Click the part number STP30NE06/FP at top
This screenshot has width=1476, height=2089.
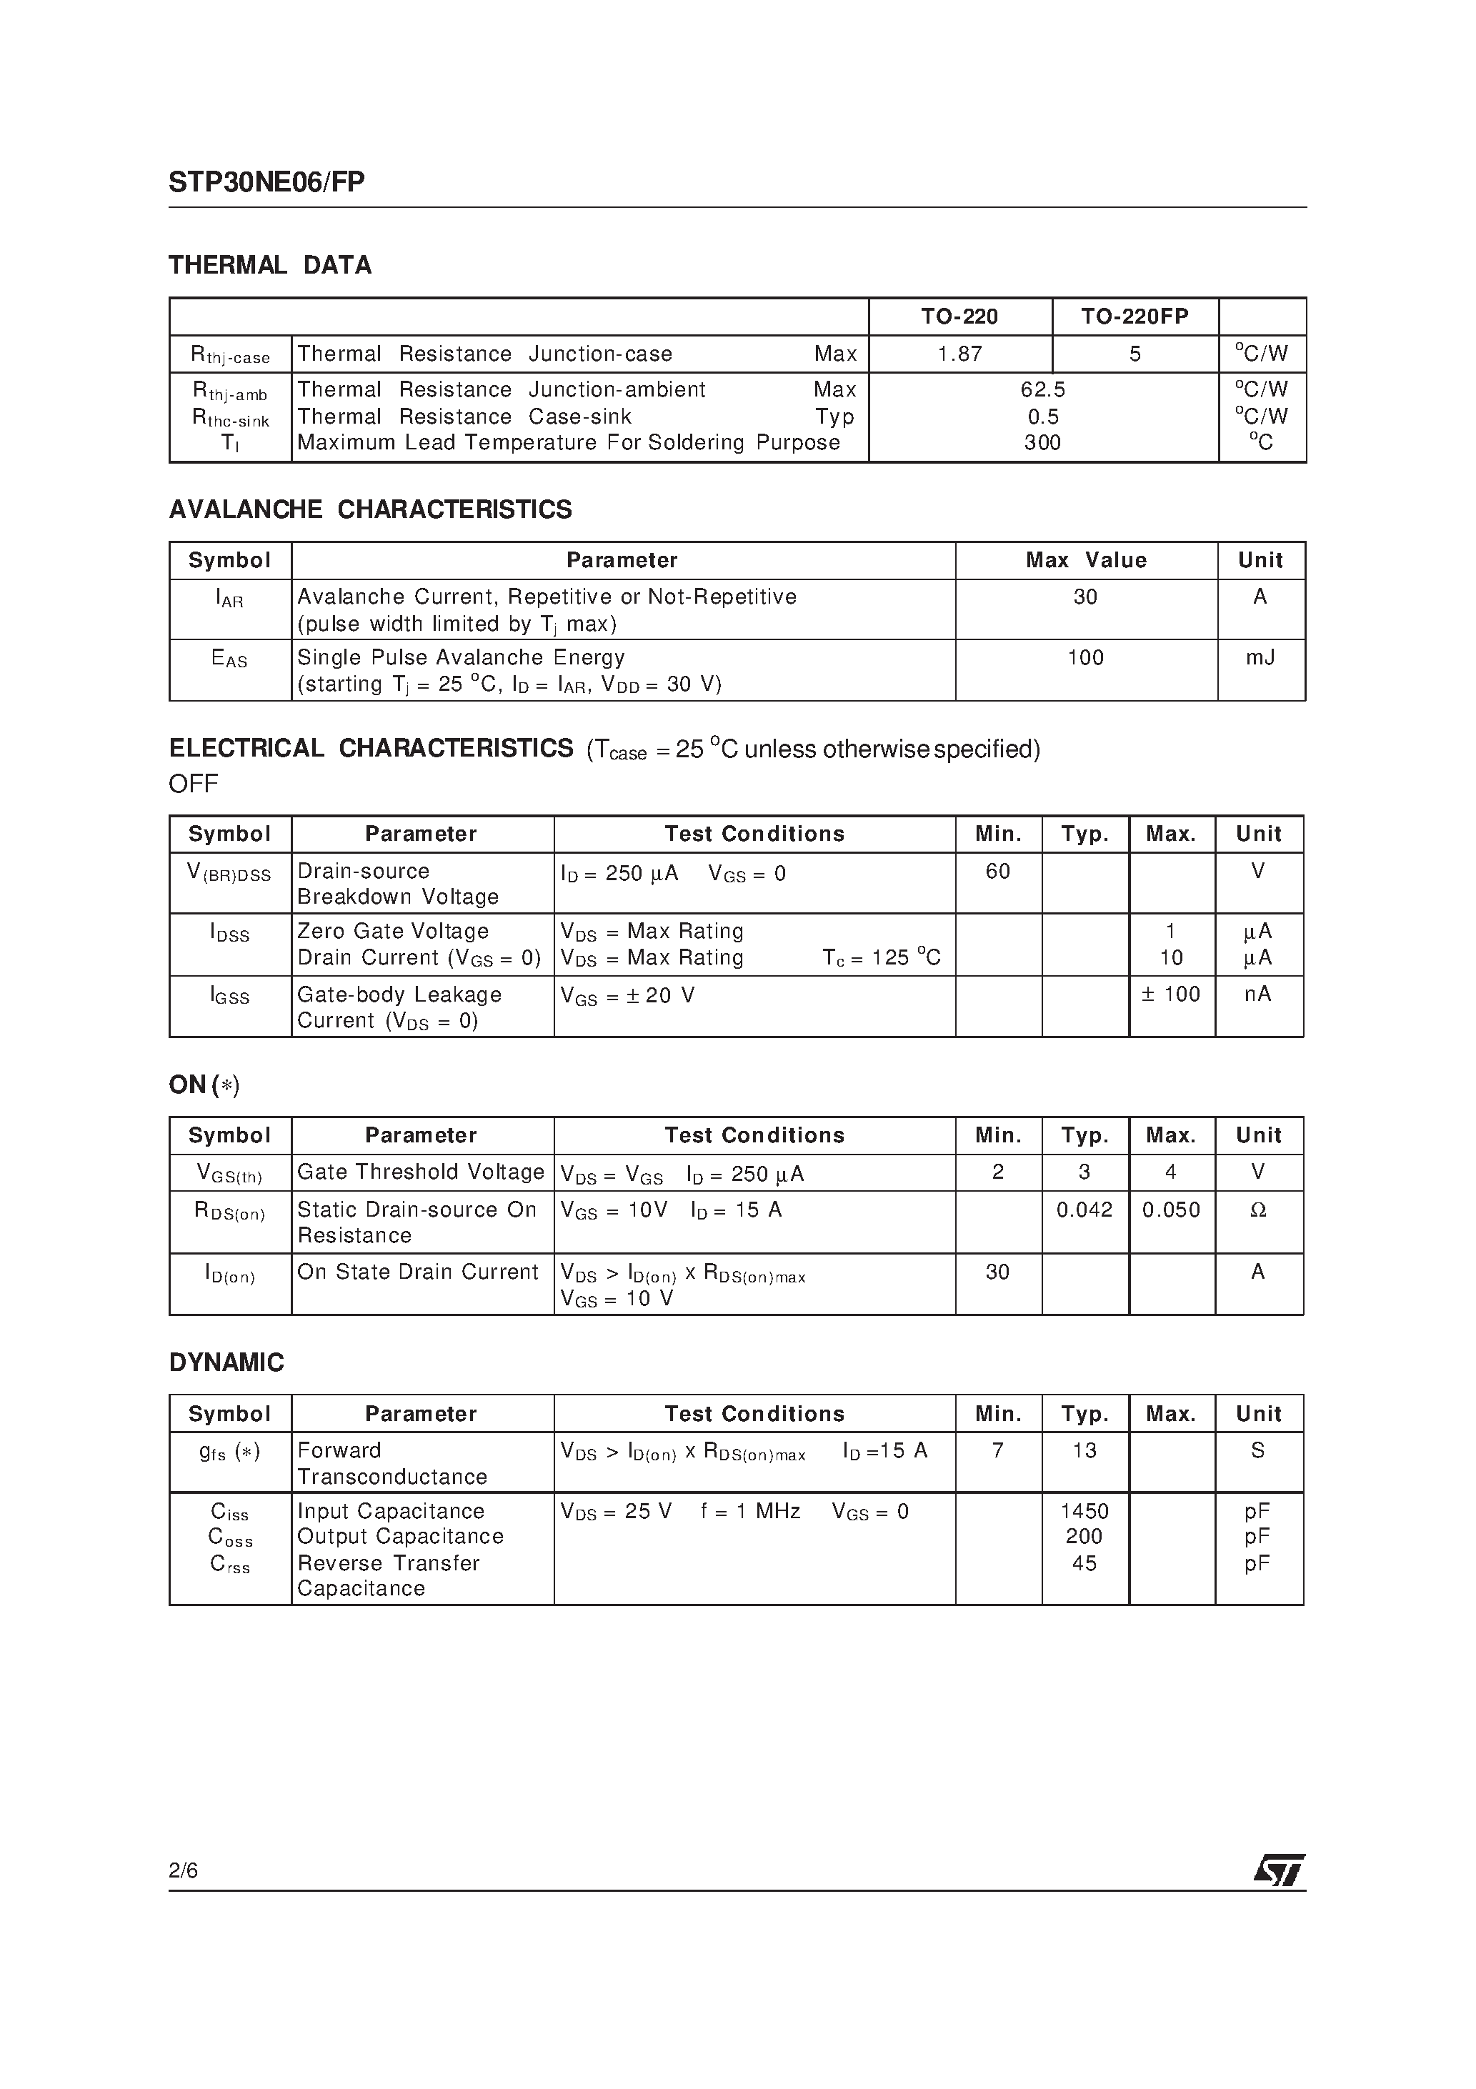[x=266, y=183]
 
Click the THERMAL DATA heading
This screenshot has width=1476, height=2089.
[x=270, y=266]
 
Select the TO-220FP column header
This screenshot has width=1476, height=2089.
[x=1135, y=316]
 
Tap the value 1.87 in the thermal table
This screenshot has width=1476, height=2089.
[x=960, y=354]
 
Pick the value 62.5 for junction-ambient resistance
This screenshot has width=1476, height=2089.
[x=1043, y=389]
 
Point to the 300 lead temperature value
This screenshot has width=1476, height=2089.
[x=1043, y=443]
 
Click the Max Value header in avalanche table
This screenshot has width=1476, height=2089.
[x=1086, y=560]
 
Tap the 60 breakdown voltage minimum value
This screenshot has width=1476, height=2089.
[x=997, y=872]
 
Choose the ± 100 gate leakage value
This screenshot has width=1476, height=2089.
[x=1171, y=994]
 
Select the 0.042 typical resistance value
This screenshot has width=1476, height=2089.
[x=1084, y=1210]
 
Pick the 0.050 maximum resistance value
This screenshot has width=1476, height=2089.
[x=1171, y=1210]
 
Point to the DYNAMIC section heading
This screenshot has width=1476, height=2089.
[x=226, y=1363]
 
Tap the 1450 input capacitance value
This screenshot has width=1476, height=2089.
[x=1084, y=1511]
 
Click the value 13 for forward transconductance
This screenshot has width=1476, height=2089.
[x=1084, y=1450]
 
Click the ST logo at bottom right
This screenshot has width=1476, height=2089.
[x=1279, y=1870]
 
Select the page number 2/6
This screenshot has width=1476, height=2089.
[x=183, y=1870]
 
